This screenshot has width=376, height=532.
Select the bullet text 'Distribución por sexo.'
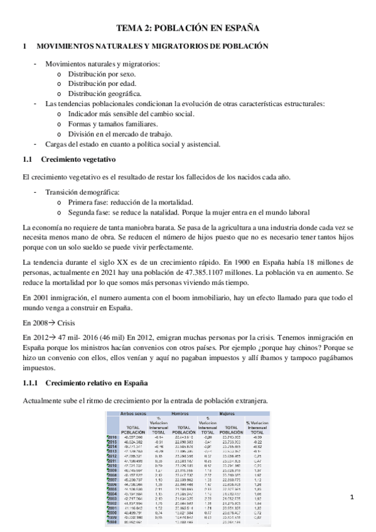(100, 74)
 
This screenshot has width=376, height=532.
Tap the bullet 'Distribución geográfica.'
(104, 93)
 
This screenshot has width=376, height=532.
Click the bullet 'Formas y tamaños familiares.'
(113, 124)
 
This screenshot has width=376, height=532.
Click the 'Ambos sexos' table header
(125, 414)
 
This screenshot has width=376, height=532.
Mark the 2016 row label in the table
(112, 436)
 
